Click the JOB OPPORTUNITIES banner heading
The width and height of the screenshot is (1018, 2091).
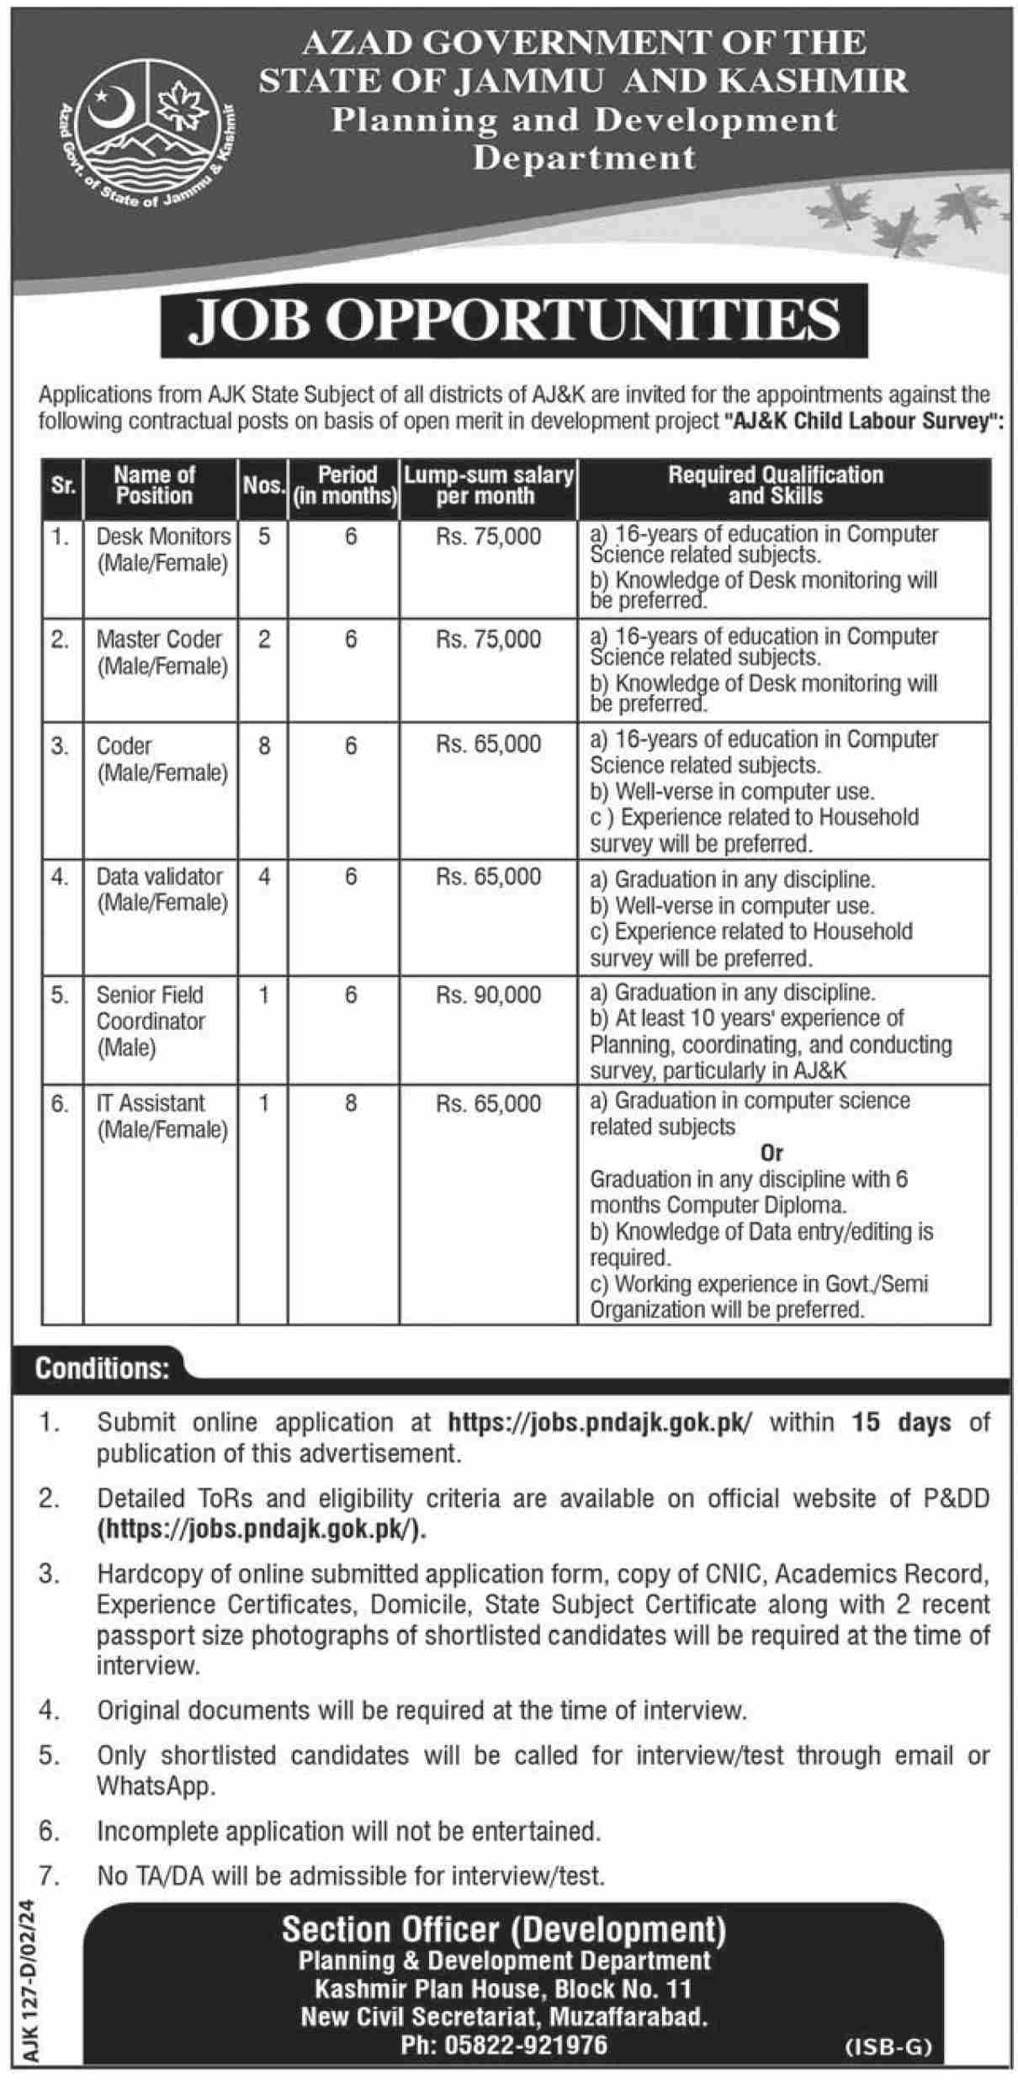click(514, 321)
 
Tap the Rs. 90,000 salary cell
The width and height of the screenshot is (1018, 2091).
click(488, 995)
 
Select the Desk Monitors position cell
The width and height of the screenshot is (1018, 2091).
click(162, 549)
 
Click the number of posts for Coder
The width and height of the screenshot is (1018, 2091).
click(264, 746)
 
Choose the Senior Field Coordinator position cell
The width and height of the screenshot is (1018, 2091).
click(151, 1021)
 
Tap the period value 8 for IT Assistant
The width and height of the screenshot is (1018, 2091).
click(351, 1103)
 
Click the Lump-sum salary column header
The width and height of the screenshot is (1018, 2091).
click(488, 486)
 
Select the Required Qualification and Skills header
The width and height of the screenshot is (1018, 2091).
click(776, 486)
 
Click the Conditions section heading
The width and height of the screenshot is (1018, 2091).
click(102, 1369)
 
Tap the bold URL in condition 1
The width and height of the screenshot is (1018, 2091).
click(602, 1423)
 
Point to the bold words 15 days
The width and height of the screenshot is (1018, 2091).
click(901, 1423)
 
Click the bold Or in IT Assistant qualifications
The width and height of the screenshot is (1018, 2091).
click(771, 1153)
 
